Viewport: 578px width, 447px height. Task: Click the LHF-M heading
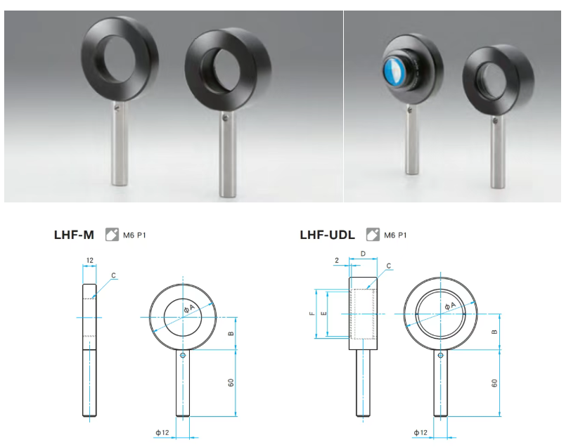coord(74,235)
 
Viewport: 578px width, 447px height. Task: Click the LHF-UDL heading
coord(328,235)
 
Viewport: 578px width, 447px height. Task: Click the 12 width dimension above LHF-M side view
coord(89,260)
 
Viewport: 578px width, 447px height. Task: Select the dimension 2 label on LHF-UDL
coord(337,260)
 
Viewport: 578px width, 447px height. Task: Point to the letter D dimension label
coord(363,254)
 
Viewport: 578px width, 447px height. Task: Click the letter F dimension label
coord(312,313)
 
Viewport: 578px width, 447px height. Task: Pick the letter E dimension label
coord(323,313)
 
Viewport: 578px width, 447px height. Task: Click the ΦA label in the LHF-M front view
coord(189,308)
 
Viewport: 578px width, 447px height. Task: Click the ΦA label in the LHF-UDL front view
coord(450,306)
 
